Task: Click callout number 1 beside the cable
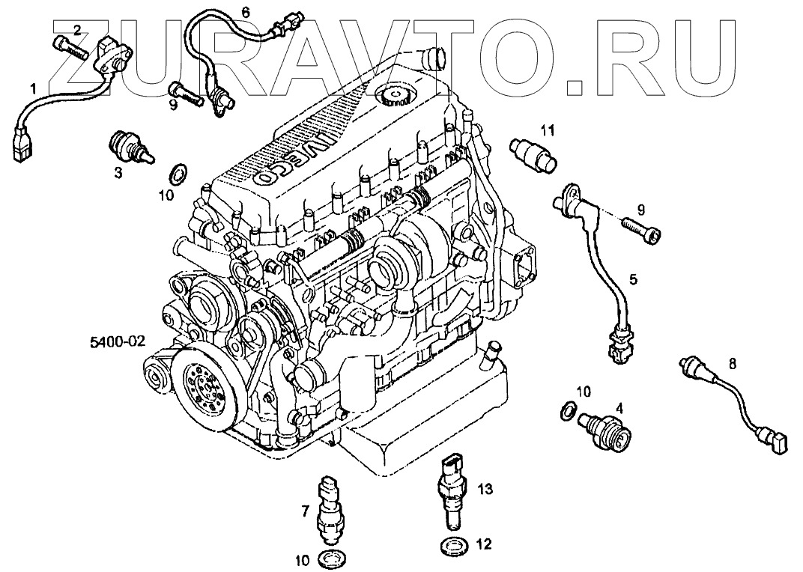(x=32, y=88)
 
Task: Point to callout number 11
(x=548, y=130)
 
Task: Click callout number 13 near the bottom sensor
(x=485, y=490)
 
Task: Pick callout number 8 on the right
(x=732, y=365)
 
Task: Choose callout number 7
(x=306, y=511)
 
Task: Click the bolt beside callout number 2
(x=70, y=43)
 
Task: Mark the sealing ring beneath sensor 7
(x=330, y=557)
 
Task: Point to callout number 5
(x=633, y=280)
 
